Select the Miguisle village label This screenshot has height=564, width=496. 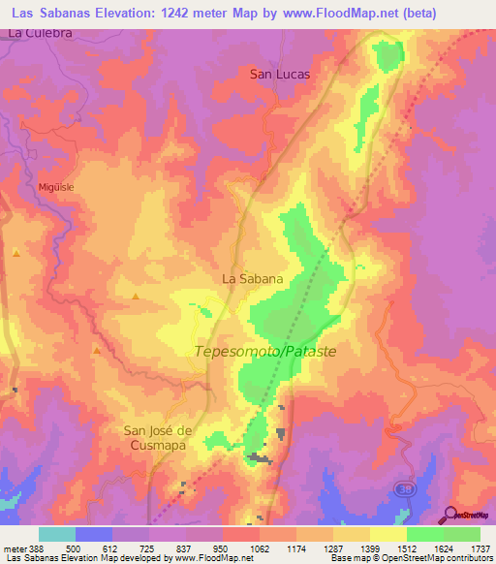point(56,187)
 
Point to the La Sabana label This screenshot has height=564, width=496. point(253,279)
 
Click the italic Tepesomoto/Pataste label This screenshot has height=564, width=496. point(265,352)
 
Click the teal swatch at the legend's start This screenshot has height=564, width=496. point(57,535)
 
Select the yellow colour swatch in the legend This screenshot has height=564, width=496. point(387,535)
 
